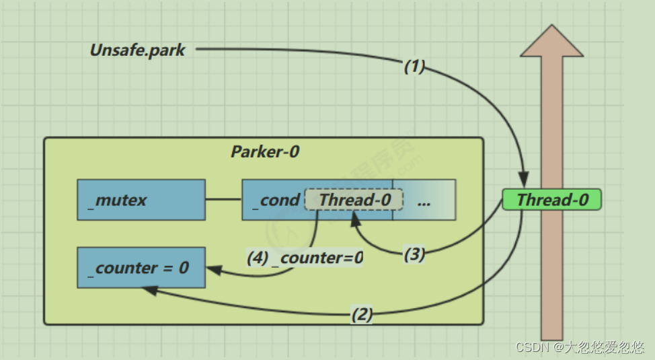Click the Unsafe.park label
(137, 50)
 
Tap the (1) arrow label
(414, 66)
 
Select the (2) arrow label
(362, 314)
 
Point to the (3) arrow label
(414, 254)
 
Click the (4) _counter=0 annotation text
(305, 258)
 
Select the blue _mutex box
(141, 200)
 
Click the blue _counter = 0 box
(141, 268)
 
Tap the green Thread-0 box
(552, 199)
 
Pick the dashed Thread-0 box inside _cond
(354, 199)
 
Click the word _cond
(276, 201)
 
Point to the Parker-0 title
(265, 151)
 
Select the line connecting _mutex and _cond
(224, 199)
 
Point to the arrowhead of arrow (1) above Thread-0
(524, 179)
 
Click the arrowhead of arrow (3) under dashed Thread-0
(355, 219)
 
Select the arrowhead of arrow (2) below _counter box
(149, 290)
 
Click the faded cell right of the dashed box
(424, 200)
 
